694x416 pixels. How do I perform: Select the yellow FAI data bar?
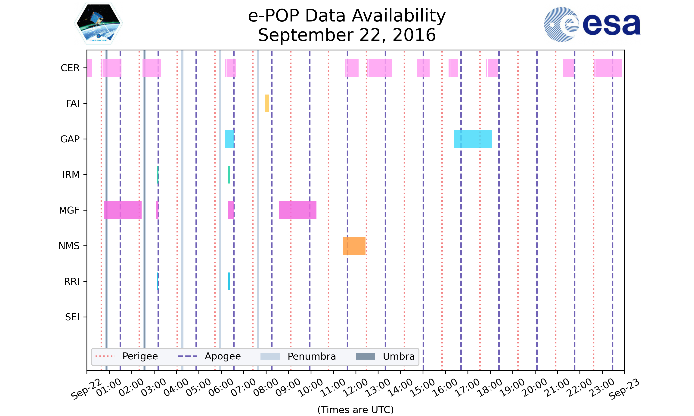[x=267, y=104]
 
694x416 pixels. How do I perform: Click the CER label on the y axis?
[x=70, y=68]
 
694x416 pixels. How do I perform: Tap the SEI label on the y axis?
[x=72, y=317]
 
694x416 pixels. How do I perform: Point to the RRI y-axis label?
[x=72, y=281]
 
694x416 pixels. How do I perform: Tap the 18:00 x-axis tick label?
[x=490, y=388]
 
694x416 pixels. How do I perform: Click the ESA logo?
[x=592, y=24]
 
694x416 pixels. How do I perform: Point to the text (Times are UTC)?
[x=355, y=410]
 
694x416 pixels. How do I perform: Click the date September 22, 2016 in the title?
[x=347, y=35]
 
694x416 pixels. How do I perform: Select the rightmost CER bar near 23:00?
[x=608, y=68]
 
